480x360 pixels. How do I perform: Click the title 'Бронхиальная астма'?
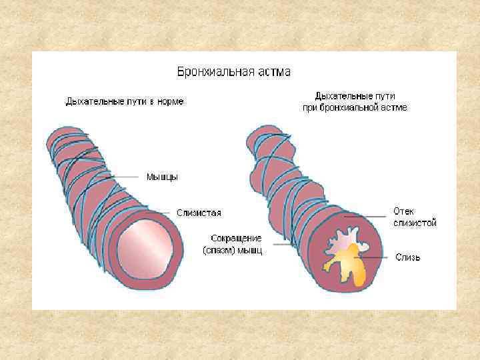(233, 71)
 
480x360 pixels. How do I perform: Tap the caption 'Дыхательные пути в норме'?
(125, 102)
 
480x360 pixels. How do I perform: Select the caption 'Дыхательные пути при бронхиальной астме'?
(361, 101)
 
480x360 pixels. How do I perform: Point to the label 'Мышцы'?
(162, 177)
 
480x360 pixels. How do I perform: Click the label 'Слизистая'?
(199, 213)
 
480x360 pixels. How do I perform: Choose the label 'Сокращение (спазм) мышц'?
(233, 245)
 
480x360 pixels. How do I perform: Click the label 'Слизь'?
(407, 257)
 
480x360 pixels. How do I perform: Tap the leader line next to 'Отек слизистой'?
(367, 216)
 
